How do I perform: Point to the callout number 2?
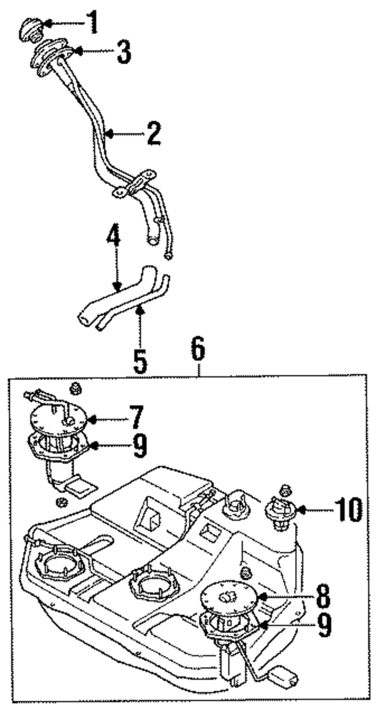tap(154, 133)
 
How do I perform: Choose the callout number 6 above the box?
tap(198, 350)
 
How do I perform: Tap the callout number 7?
tap(136, 417)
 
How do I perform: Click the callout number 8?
tap(323, 596)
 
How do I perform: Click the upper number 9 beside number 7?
tap(139, 446)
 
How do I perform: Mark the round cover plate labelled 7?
tap(58, 419)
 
